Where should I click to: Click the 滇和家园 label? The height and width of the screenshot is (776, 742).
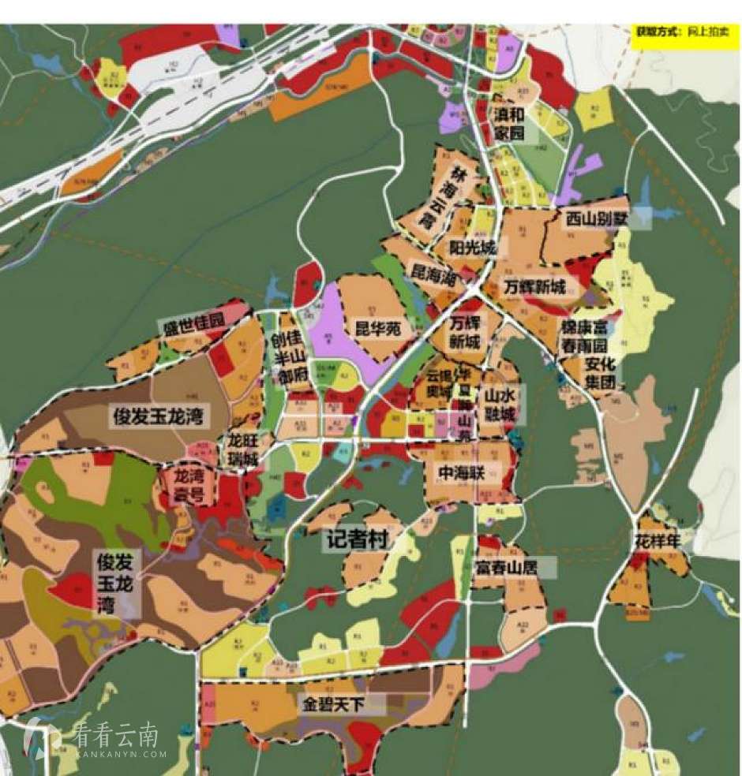click(510, 124)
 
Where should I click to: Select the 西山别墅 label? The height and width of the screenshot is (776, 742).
click(597, 218)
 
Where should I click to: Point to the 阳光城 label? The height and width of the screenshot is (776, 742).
click(472, 248)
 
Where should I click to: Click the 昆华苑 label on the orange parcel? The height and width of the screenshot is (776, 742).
click(378, 329)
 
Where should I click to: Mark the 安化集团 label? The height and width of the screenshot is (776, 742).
click(600, 374)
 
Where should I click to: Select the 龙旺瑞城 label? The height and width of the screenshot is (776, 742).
click(243, 450)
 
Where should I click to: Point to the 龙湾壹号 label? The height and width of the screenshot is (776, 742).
click(189, 486)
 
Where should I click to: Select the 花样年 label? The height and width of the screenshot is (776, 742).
click(658, 542)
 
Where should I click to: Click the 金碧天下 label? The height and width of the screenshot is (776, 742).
click(332, 704)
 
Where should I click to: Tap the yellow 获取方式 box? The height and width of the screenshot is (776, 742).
click(685, 35)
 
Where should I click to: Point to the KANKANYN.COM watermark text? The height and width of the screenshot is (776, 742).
click(122, 754)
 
